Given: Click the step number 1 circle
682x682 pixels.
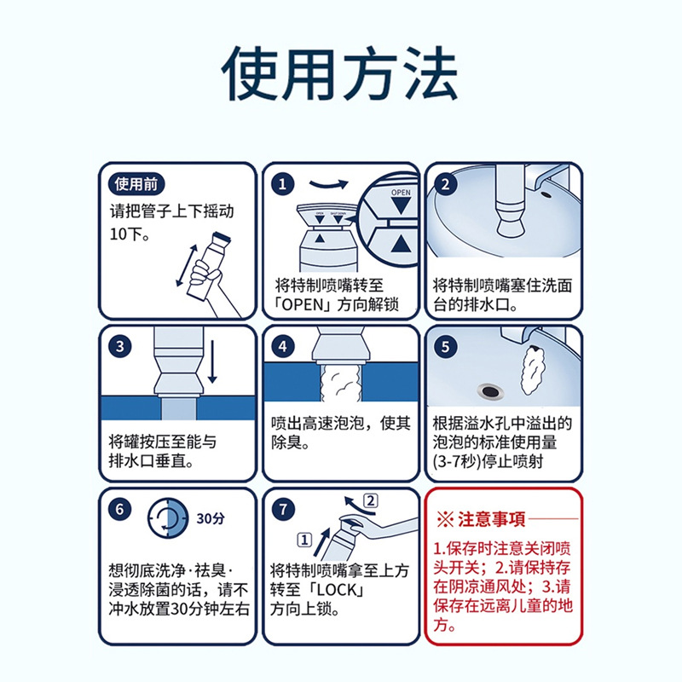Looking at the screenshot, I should click(284, 184).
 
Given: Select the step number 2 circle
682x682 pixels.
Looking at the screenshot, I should click(446, 184).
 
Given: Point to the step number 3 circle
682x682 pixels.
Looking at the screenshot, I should click(121, 346).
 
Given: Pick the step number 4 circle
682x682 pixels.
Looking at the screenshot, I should click(284, 346).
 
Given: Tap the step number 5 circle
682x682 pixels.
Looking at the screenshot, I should click(446, 346).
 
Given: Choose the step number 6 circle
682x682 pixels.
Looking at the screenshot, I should click(121, 509).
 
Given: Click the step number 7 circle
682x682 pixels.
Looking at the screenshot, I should click(284, 509).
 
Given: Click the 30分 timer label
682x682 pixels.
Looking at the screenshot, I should click(211, 517).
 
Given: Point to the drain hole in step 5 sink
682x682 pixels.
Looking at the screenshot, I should click(491, 390).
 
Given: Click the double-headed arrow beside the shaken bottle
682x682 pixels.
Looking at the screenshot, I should click(182, 265).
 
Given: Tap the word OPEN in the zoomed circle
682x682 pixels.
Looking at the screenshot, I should click(400, 194).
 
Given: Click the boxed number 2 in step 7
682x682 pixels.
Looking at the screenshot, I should click(369, 500).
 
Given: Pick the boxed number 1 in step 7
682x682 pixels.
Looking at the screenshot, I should click(303, 538).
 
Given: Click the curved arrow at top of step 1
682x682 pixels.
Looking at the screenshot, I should click(328, 182).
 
